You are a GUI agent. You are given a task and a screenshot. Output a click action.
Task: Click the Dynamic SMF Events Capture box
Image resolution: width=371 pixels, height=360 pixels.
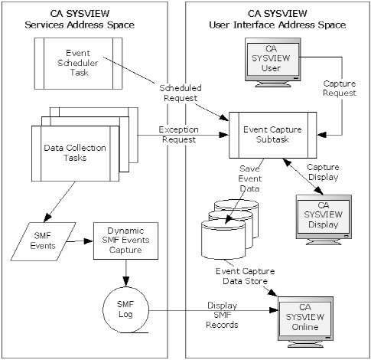pos(125,242)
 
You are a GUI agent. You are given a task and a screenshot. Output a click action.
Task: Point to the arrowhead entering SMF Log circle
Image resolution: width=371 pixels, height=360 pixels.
pos(125,286)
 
